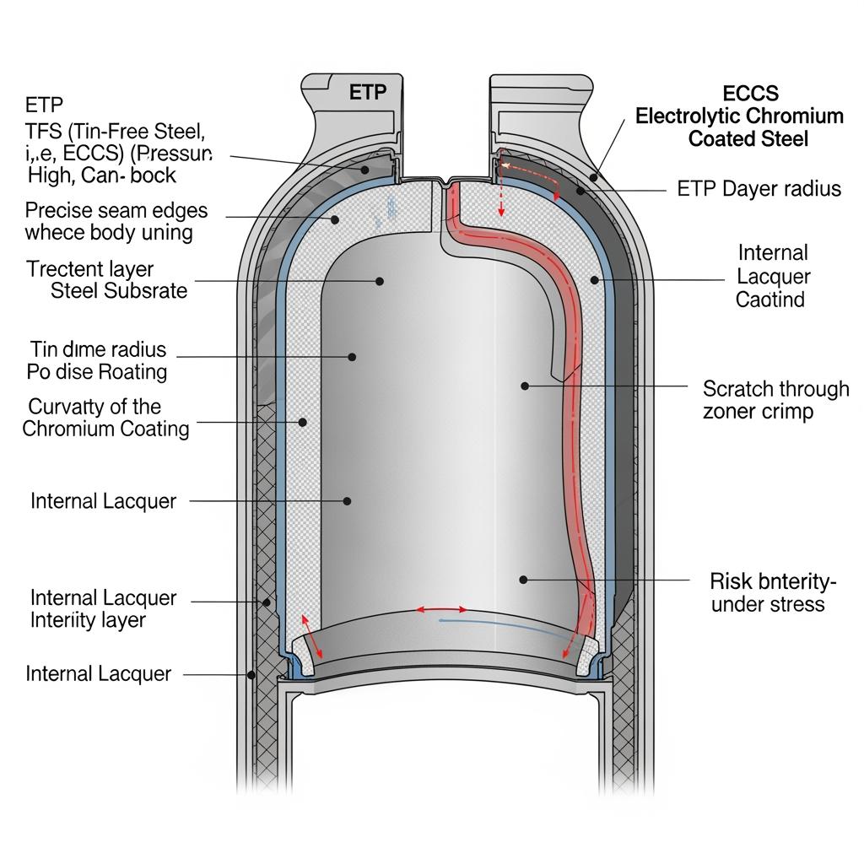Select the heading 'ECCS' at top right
[x=751, y=93]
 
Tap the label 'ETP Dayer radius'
[x=759, y=188]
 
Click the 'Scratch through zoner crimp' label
[x=775, y=400]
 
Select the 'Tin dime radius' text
[x=98, y=349]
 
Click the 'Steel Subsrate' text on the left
[x=119, y=291]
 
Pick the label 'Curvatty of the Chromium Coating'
[x=105, y=418]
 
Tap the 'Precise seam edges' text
[x=116, y=210]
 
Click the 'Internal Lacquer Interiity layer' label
[x=103, y=608]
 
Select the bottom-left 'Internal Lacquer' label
[x=98, y=673]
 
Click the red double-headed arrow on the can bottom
[x=440, y=608]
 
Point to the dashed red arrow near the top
[x=501, y=188]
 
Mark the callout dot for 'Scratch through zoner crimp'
[x=525, y=386]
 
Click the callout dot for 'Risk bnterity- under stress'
[x=523, y=580]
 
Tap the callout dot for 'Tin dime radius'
[x=352, y=357]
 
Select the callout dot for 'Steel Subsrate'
[x=381, y=281]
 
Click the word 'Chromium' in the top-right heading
[x=794, y=116]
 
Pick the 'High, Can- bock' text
[x=101, y=175]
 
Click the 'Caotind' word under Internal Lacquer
[x=770, y=299]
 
